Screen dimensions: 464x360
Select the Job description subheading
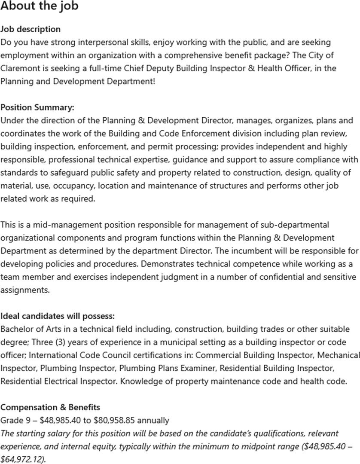tap(31, 29)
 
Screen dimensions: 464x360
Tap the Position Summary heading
tap(37, 107)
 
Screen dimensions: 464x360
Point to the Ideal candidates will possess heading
tap(58, 316)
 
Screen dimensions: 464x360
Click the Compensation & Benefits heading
tap(51, 407)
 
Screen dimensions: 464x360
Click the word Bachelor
tap(17, 329)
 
